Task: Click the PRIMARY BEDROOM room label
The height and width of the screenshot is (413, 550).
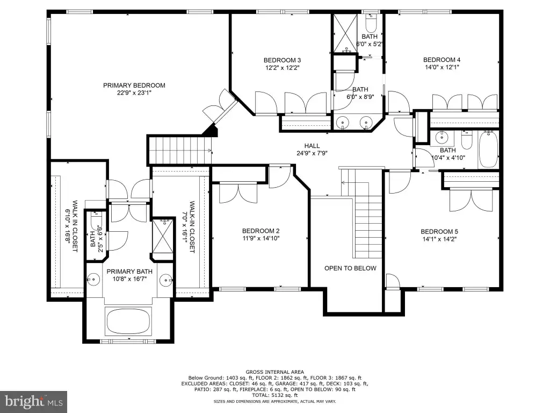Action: click(x=134, y=86)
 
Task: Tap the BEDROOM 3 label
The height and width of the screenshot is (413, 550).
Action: click(x=282, y=60)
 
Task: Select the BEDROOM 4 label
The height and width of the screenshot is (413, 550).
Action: click(x=442, y=60)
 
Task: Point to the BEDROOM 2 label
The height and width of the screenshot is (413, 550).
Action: click(x=260, y=231)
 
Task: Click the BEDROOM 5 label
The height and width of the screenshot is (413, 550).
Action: click(x=439, y=232)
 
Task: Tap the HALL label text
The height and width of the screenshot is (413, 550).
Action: click(x=312, y=146)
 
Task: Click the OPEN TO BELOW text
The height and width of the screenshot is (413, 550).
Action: click(x=350, y=268)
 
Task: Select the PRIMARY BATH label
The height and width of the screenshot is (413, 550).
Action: click(x=129, y=272)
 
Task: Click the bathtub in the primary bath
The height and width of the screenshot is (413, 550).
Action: click(x=128, y=322)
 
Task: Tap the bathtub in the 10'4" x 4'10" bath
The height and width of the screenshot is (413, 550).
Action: click(x=488, y=149)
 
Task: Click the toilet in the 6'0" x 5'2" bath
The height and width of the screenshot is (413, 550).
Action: click(x=371, y=23)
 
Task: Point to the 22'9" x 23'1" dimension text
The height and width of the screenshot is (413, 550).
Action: click(x=134, y=92)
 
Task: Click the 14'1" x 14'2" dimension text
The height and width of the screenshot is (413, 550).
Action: click(x=439, y=239)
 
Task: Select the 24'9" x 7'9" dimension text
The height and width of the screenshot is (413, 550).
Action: click(x=312, y=153)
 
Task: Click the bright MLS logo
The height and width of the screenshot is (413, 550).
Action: click(x=34, y=401)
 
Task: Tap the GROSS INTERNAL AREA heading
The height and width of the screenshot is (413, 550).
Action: click(x=274, y=372)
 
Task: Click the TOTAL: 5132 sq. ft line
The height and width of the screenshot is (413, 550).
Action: click(x=274, y=395)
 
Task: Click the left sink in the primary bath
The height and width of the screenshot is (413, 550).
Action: click(x=93, y=280)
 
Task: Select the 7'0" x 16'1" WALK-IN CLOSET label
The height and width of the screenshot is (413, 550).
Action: click(x=189, y=227)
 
